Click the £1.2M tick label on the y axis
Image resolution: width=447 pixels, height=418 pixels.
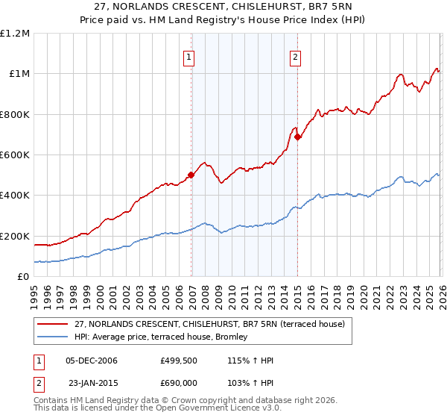click(x=15, y=33)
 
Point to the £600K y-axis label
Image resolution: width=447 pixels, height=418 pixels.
click(x=15, y=155)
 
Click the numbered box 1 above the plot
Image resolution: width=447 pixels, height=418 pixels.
click(x=189, y=57)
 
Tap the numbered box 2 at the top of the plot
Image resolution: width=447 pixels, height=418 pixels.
click(x=295, y=57)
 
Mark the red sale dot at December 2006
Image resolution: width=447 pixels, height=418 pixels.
click(x=191, y=175)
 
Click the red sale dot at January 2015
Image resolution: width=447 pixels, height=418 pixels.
click(x=297, y=137)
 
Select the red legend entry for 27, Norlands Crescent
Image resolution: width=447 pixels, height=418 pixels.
click(x=209, y=325)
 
